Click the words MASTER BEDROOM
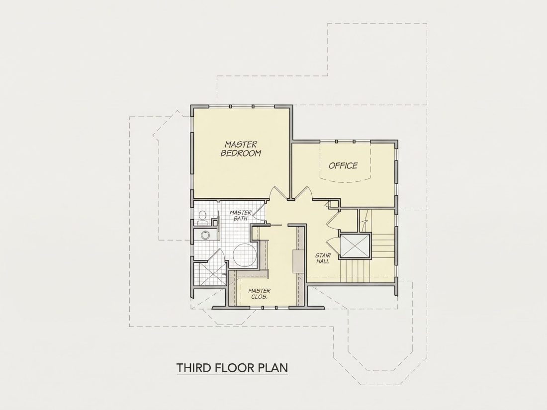[241, 149]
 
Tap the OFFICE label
[343, 165]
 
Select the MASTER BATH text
[240, 216]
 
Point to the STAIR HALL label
[323, 258]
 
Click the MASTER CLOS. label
[259, 294]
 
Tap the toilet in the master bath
[202, 218]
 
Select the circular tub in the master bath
[245, 255]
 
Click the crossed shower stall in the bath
[209, 274]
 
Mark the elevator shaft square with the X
[355, 246]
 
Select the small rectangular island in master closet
[298, 261]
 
